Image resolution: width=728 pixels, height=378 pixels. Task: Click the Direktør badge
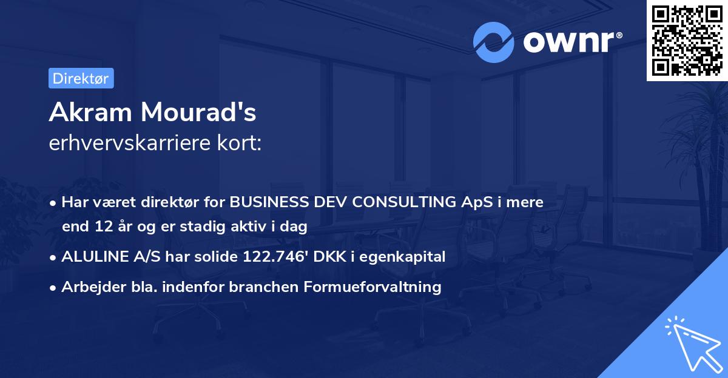pos(81,78)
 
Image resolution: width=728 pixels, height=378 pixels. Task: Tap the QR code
pos(687,40)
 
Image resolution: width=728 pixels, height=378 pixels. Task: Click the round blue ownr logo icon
pos(493,42)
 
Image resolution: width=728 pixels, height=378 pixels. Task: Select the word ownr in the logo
pos(568,42)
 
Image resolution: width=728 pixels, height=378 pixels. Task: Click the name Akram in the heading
pos(90,112)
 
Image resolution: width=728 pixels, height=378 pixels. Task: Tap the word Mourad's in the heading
pos(198,112)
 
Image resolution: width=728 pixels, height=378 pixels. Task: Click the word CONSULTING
pos(404,202)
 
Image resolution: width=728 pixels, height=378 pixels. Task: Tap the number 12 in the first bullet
pos(104,226)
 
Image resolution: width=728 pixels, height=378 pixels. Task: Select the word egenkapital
pos(402,257)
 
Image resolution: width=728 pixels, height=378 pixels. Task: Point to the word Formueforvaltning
pos(372,287)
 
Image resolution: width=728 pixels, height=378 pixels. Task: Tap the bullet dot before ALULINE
pos(53,257)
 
